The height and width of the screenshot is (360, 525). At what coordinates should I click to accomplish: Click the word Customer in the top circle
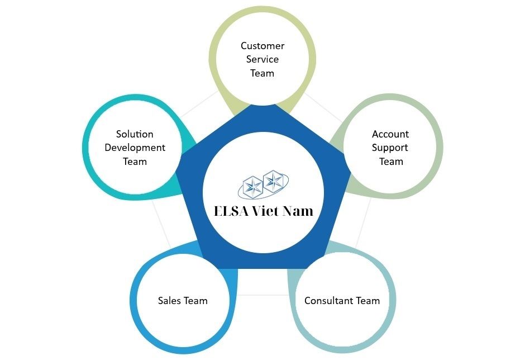click(262, 46)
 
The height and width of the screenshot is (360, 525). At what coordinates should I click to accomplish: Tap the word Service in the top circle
click(262, 59)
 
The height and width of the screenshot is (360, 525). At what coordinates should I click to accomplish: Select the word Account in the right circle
click(390, 134)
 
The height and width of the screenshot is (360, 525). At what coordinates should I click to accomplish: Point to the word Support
click(390, 148)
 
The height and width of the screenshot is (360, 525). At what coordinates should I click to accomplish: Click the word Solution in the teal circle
click(135, 134)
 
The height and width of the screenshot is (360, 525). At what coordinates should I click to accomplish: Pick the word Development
click(135, 148)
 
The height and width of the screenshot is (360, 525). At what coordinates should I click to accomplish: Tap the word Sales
click(169, 301)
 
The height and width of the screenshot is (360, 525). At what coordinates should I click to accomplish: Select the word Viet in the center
click(270, 211)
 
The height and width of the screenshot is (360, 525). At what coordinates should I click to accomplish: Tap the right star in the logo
click(273, 180)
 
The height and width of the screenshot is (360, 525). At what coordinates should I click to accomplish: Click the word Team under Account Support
click(391, 162)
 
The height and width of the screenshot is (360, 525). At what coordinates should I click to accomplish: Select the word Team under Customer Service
click(262, 73)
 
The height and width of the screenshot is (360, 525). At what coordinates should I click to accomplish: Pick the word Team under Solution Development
click(135, 162)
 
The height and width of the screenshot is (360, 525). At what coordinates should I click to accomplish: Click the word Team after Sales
click(196, 301)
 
